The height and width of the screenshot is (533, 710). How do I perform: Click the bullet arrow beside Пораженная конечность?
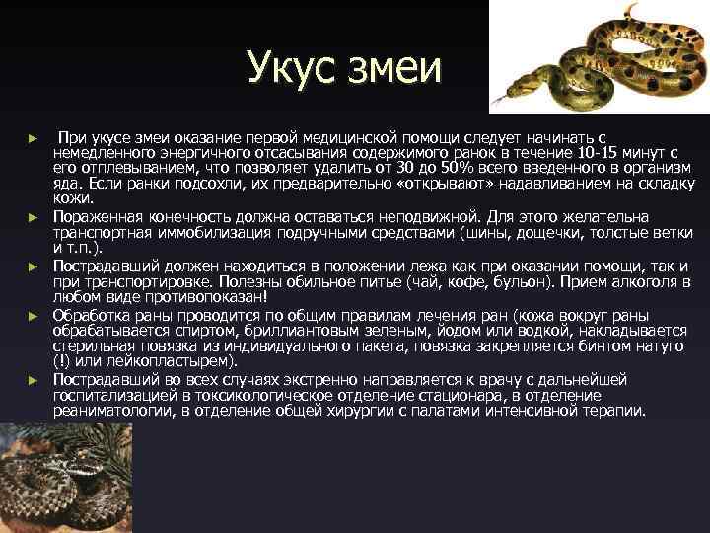click(33, 216)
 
